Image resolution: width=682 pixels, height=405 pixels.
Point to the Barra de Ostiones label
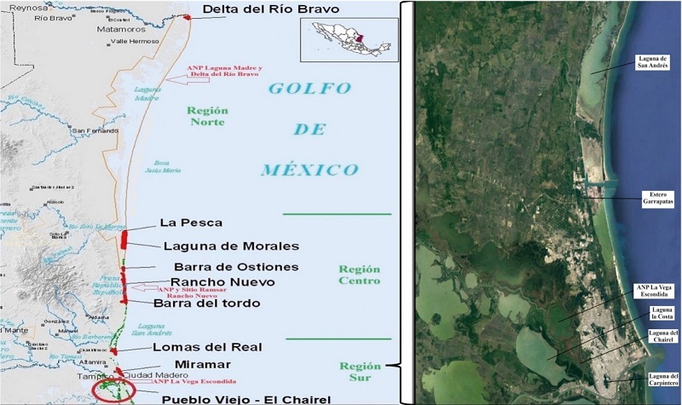click(x=224, y=267)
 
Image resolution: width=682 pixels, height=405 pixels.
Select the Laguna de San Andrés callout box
click(x=654, y=61)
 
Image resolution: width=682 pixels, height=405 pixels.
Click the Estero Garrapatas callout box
click(x=652, y=199)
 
